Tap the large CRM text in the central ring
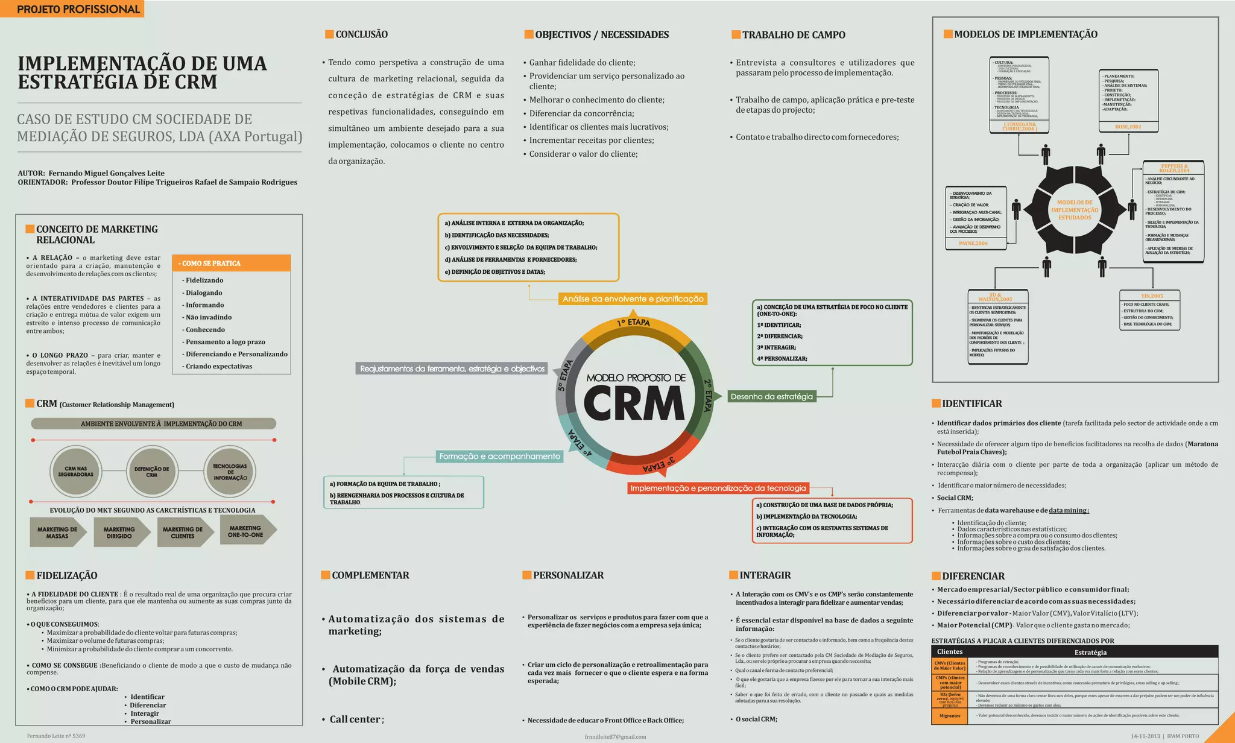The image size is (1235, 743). [x=634, y=403]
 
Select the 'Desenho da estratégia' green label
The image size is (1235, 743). [x=771, y=396]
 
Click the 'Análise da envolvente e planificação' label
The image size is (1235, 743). [x=633, y=299]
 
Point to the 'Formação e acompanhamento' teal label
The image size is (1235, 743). [x=499, y=457]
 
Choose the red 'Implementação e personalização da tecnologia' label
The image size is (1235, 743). [x=718, y=488]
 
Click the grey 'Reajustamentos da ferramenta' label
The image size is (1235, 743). [x=452, y=368]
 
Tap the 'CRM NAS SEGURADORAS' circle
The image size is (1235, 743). [x=75, y=471]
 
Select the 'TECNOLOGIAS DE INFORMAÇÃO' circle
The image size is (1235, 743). [x=230, y=472]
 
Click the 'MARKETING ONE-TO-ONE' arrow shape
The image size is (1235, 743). [x=246, y=531]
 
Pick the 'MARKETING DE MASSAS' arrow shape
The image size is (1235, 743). [x=57, y=533]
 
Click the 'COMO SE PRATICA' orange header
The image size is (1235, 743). [x=231, y=263]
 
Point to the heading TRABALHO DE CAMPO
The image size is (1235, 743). [x=793, y=35]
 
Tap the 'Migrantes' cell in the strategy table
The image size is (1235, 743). [x=950, y=716]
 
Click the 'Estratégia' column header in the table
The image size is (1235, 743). [x=1090, y=652]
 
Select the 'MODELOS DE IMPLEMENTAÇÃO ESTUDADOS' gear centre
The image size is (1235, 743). [x=1075, y=210]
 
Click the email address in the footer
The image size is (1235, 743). [x=615, y=736]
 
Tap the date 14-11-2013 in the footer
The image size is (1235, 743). [x=1145, y=736]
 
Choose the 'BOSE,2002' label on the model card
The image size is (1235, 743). [x=1128, y=127]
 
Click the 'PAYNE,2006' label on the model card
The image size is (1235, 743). [x=973, y=244]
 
